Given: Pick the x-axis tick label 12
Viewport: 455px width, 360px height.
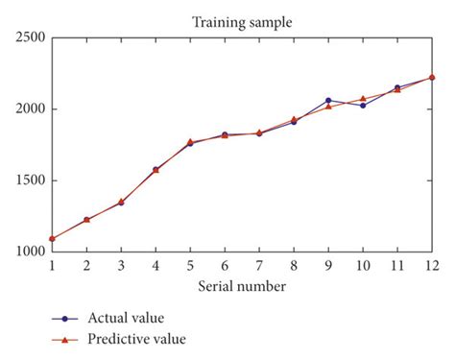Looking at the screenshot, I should tap(432, 265).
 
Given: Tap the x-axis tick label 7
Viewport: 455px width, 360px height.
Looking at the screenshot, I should tap(259, 265).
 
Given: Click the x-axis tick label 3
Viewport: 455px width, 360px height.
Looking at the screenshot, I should tap(121, 265).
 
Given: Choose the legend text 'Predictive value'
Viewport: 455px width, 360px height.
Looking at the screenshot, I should tap(136, 338).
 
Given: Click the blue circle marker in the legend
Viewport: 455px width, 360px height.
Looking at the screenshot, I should tap(63, 317).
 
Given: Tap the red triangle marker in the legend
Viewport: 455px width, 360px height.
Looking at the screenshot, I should tap(63, 338).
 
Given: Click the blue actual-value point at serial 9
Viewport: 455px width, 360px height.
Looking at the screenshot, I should tap(328, 100).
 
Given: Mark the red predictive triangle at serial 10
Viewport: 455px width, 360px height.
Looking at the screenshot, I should tap(363, 98).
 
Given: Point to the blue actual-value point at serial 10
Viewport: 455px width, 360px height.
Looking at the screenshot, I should tap(363, 106).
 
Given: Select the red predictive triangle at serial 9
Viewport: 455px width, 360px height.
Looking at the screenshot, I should tap(328, 106).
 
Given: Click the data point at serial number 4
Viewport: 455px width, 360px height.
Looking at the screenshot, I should tap(156, 169).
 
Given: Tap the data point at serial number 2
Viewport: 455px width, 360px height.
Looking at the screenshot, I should tap(86, 220).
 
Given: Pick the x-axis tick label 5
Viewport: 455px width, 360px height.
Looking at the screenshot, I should tap(190, 265).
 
